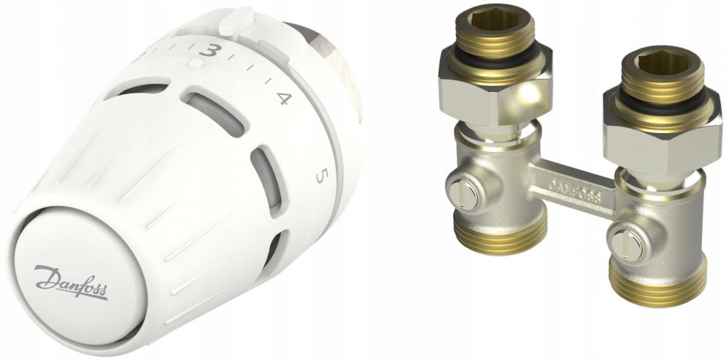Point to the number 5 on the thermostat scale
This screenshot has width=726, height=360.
coord(321,176)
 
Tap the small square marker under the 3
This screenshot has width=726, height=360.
coord(195,62)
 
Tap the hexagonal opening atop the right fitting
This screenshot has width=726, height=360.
coord(656,65)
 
